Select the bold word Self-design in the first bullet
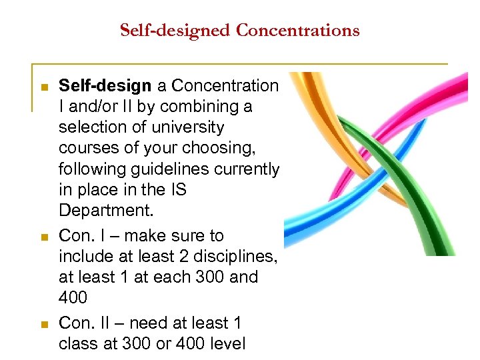tap(106, 85)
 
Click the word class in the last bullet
tap(78, 344)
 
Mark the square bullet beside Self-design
tap(44, 87)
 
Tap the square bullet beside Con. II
tap(44, 325)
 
